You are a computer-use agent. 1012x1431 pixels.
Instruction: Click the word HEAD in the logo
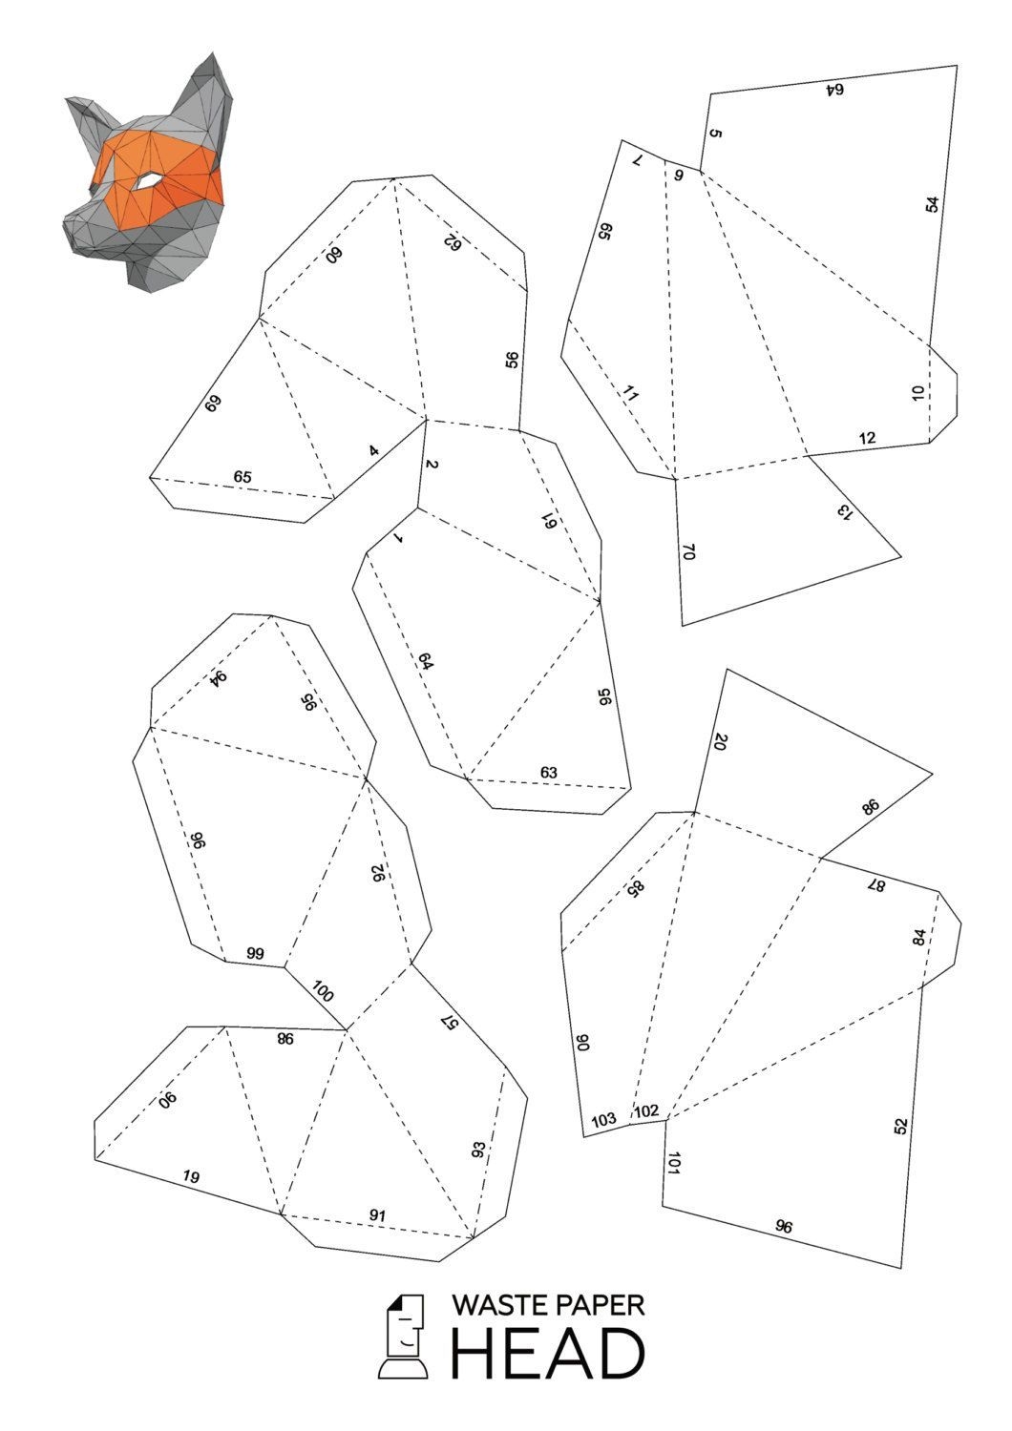[x=548, y=1354]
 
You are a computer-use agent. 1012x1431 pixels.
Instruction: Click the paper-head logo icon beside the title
[x=404, y=1337]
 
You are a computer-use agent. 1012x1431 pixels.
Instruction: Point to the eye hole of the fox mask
[x=148, y=181]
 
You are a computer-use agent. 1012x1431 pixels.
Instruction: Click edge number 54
[x=933, y=205]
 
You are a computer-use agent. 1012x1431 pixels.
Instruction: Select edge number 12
[x=868, y=438]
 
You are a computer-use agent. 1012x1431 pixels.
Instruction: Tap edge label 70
[x=688, y=552]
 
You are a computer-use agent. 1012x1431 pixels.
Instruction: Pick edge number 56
[x=512, y=360]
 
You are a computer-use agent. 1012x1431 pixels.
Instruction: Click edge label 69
[x=212, y=404]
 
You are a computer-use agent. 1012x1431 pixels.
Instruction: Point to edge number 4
[x=374, y=451]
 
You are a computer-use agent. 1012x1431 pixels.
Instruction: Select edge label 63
[x=549, y=773]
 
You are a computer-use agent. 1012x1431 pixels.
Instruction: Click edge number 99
[x=255, y=954]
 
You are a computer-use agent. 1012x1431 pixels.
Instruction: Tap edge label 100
[x=324, y=991]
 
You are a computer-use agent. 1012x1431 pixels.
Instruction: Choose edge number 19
[x=191, y=1176]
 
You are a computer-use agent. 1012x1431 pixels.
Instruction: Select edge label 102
[x=646, y=1111]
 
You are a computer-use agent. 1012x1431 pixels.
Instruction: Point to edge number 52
[x=900, y=1127]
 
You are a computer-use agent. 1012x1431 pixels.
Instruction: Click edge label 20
[x=721, y=741]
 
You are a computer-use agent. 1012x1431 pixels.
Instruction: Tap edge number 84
[x=918, y=938]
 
